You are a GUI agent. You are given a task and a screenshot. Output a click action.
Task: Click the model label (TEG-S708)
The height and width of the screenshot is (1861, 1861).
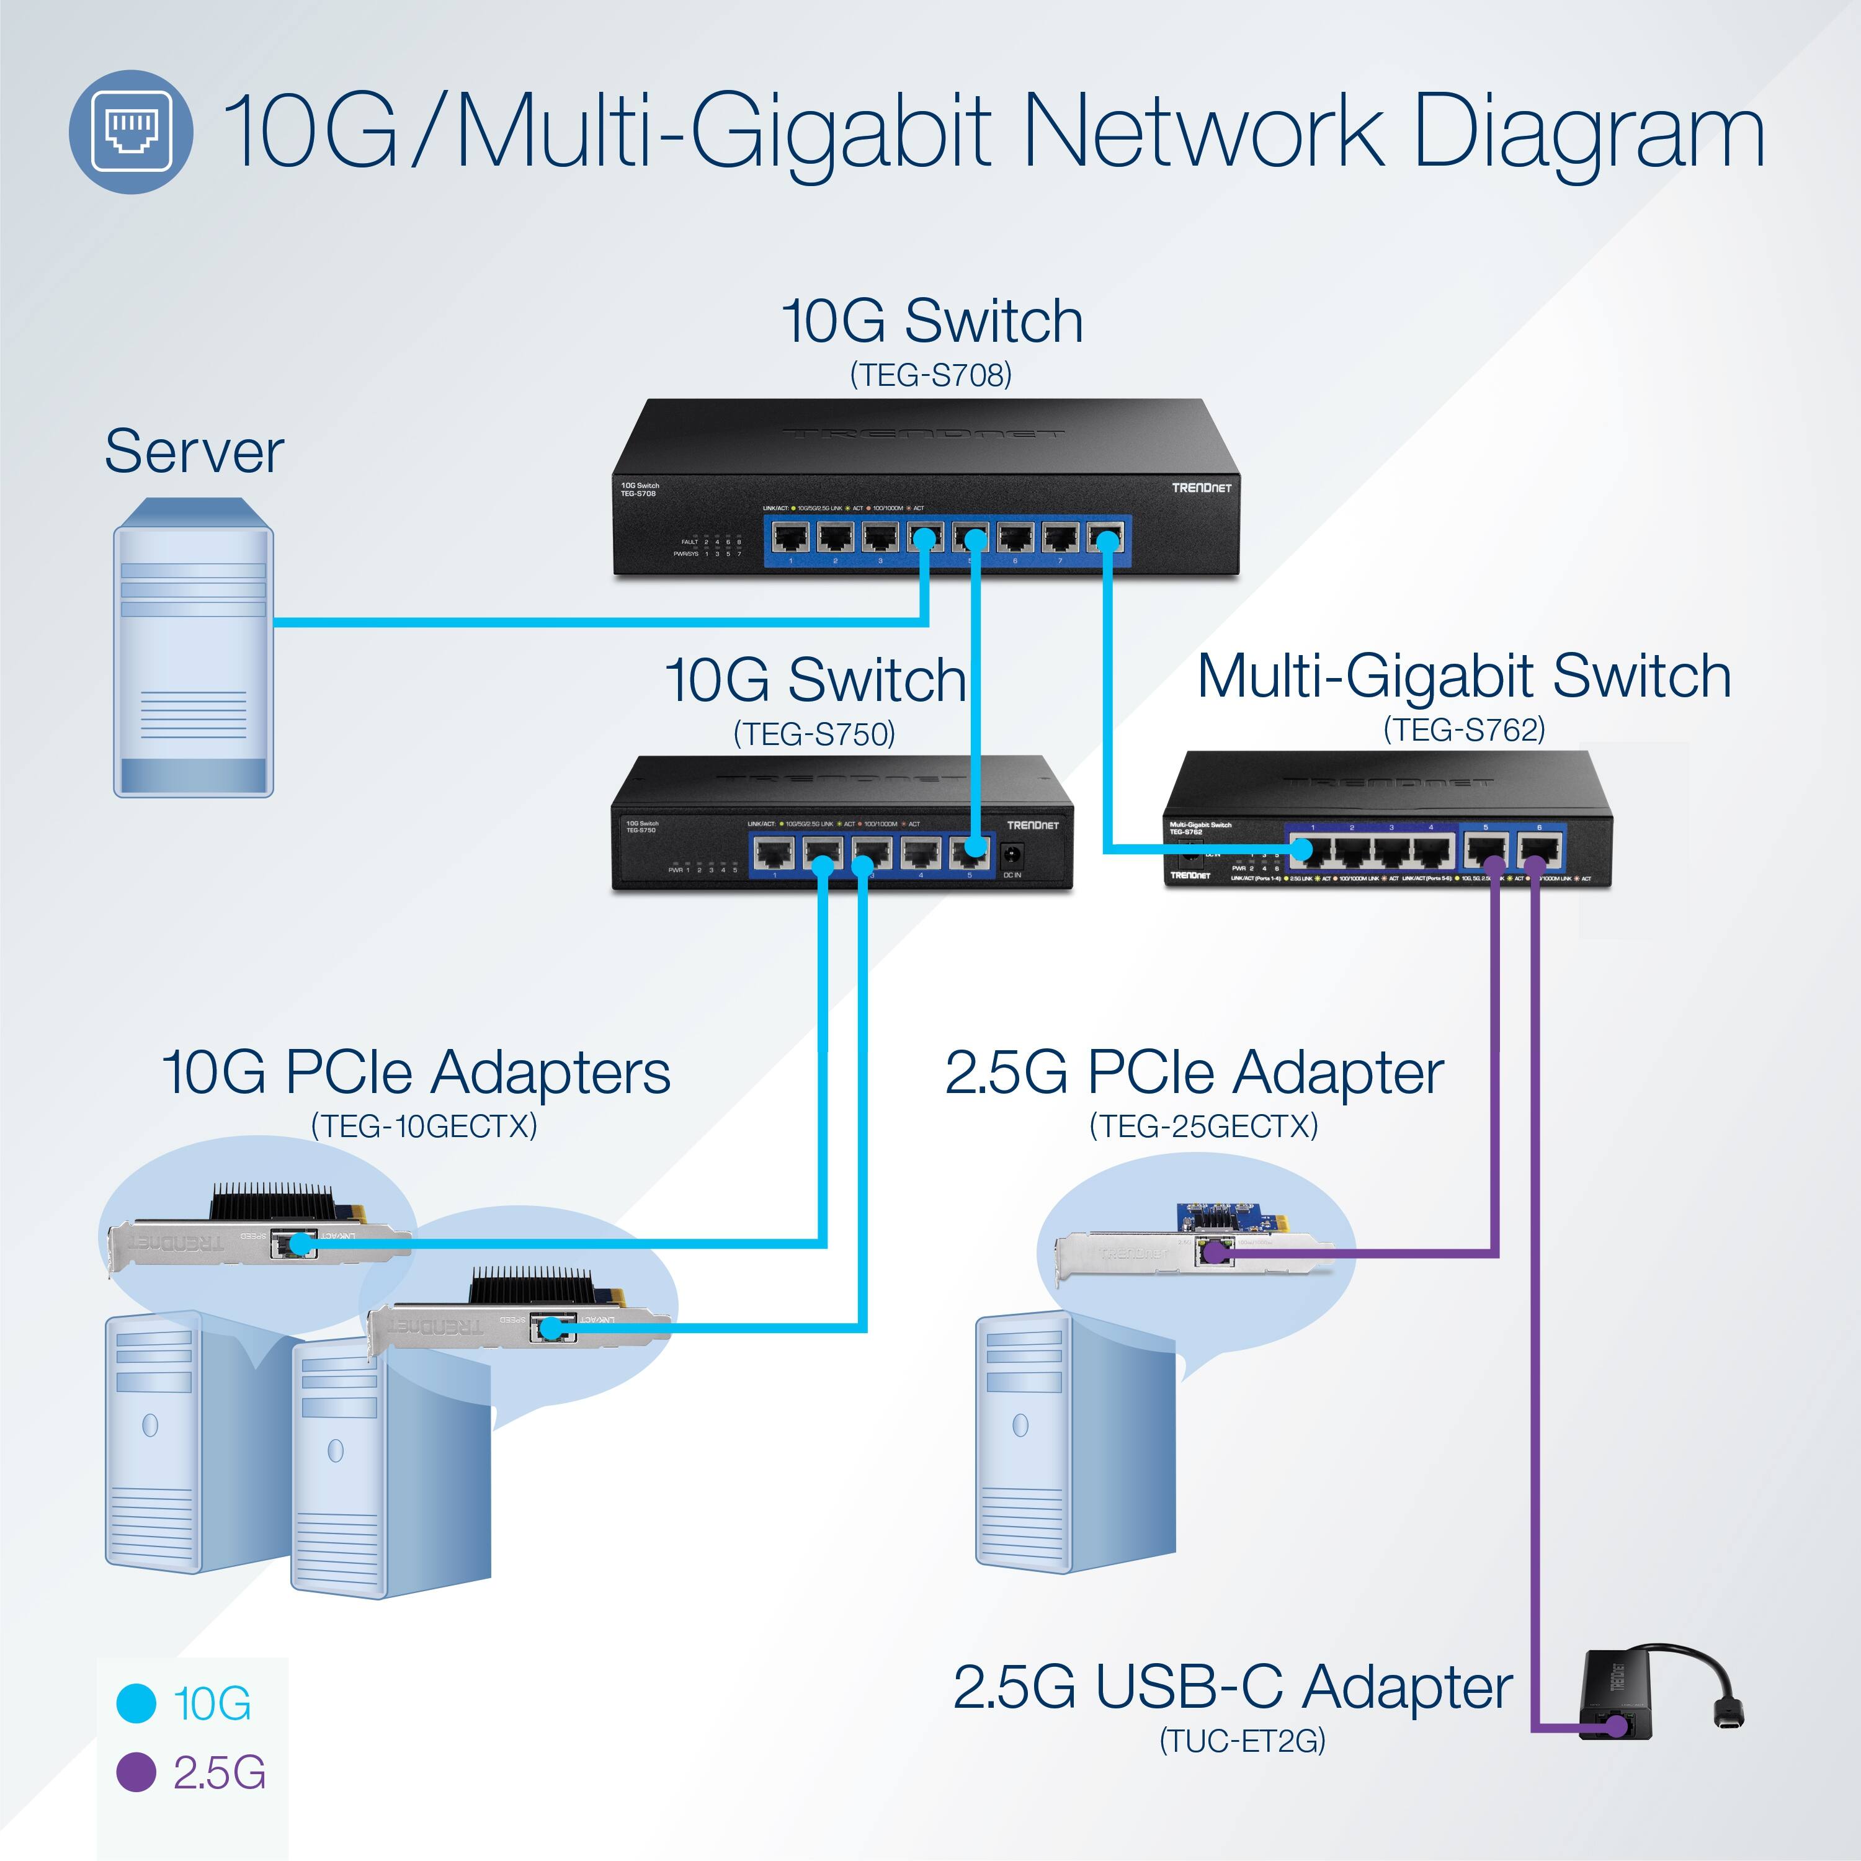point(930,375)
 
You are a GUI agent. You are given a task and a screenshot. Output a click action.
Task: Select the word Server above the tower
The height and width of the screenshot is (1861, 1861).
point(194,451)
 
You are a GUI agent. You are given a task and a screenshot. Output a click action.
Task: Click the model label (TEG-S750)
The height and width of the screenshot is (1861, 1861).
point(814,734)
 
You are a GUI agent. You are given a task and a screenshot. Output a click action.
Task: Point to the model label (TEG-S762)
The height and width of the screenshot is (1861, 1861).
point(1463,729)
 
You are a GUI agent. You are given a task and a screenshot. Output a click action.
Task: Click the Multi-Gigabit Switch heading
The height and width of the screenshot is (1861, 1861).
point(1463,676)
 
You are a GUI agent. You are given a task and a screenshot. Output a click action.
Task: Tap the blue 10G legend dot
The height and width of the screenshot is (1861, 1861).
point(136,1729)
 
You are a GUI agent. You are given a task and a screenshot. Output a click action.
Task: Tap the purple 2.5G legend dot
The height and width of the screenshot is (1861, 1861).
point(136,1798)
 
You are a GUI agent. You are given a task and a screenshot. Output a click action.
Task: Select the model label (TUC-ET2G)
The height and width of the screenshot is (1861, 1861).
point(1242,1767)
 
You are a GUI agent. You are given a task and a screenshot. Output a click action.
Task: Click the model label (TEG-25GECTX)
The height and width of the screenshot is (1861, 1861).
point(1203,1125)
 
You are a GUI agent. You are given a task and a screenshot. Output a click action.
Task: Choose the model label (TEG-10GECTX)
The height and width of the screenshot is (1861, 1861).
point(424,1125)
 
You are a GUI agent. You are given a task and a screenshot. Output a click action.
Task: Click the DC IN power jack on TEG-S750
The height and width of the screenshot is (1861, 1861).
point(1011,854)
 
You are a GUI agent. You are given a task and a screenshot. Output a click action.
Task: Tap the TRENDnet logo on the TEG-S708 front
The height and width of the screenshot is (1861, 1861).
point(1200,488)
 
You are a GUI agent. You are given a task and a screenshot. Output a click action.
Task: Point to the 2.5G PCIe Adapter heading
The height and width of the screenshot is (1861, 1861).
point(1194,1072)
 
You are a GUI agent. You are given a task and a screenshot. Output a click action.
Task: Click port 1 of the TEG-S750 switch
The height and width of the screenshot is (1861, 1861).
point(774,852)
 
